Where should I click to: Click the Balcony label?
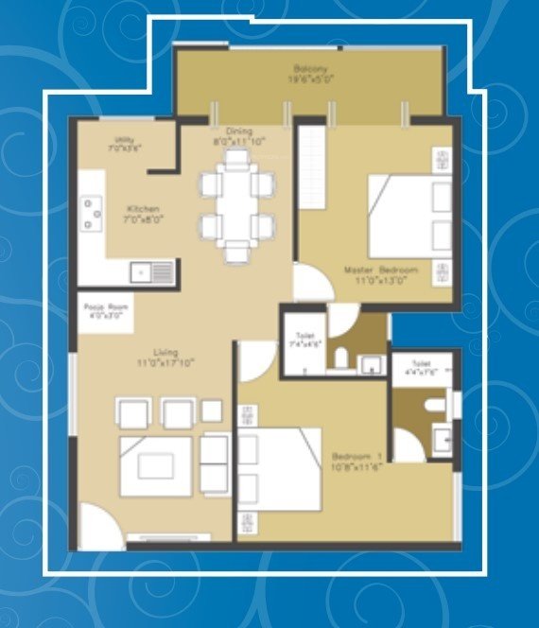tap(309, 74)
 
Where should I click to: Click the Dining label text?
tap(234, 138)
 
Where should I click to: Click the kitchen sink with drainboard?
tap(152, 272)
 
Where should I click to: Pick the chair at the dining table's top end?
tap(236, 158)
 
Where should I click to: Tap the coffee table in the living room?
tap(156, 465)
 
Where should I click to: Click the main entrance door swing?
tap(99, 525)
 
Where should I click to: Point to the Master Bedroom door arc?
tap(307, 282)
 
